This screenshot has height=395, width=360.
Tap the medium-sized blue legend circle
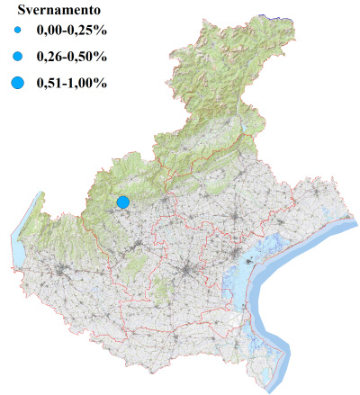pyautogui.click(x=18, y=57)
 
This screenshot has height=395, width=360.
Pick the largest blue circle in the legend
pyautogui.click(x=18, y=84)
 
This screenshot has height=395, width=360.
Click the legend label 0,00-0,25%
pyautogui.click(x=71, y=32)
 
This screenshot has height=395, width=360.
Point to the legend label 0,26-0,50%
pyautogui.click(x=71, y=58)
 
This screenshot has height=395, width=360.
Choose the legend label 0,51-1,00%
pyautogui.click(x=71, y=84)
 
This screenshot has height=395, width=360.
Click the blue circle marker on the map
pyautogui.click(x=123, y=202)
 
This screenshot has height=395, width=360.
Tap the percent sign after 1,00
pyautogui.click(x=102, y=84)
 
